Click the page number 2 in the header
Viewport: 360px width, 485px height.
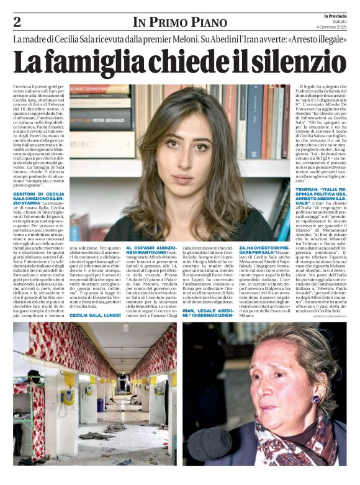point(17,22)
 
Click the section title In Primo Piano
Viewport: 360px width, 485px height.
point(179,22)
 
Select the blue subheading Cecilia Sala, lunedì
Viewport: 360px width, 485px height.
point(95,315)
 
